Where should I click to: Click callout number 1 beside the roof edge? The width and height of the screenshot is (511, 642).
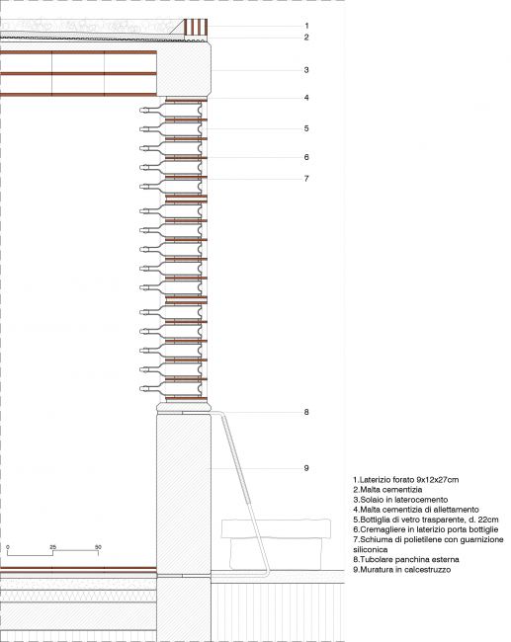click(306, 26)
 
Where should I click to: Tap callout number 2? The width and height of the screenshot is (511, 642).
click(306, 38)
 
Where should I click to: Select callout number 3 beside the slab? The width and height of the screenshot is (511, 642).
click(306, 70)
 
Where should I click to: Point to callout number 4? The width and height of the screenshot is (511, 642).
click(306, 98)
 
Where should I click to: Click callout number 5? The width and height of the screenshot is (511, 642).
click(306, 128)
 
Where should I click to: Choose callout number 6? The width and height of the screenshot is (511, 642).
click(306, 157)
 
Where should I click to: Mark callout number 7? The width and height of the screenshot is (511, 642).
click(306, 179)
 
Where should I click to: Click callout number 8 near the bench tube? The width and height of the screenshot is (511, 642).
click(306, 412)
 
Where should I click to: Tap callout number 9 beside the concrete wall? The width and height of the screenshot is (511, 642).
click(306, 468)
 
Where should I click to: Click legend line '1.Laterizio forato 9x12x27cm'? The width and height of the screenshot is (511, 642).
click(405, 479)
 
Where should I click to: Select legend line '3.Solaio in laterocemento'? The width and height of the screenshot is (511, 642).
click(400, 500)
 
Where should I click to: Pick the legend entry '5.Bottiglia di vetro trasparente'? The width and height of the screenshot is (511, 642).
click(426, 520)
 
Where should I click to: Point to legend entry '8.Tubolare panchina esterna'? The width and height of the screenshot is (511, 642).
click(406, 559)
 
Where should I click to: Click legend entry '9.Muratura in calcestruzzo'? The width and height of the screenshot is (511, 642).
click(402, 570)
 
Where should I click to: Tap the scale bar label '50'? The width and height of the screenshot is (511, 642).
click(98, 547)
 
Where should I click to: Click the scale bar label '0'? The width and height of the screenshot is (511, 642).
click(8, 547)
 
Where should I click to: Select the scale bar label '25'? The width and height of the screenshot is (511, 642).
click(52, 547)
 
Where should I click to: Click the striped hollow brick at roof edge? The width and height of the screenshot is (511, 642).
click(196, 27)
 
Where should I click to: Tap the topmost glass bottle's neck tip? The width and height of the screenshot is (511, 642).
click(141, 111)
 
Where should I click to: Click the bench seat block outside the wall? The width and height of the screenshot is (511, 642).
click(276, 528)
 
